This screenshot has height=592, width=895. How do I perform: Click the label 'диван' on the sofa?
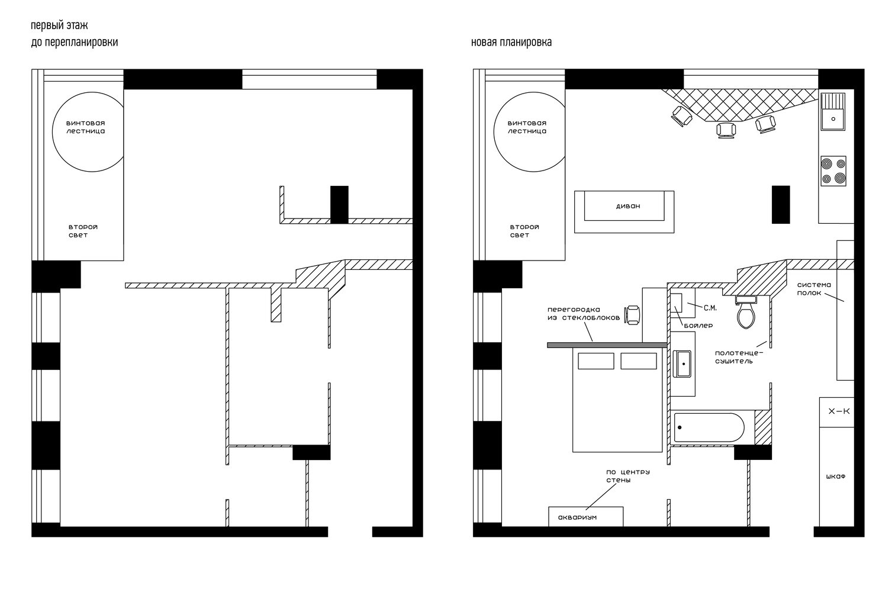[x=627, y=206]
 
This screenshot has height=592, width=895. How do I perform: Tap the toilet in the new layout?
[x=746, y=312]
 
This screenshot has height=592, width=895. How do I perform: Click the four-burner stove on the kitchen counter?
[x=833, y=171]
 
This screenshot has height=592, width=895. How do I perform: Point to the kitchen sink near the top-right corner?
[x=833, y=112]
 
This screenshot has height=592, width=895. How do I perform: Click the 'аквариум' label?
[x=577, y=517]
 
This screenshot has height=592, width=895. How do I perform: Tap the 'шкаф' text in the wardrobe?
[x=836, y=477]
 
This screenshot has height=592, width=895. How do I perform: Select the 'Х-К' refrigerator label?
[x=839, y=411]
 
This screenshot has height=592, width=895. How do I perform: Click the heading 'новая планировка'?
[x=511, y=42]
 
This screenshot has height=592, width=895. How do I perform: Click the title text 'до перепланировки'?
[x=75, y=43]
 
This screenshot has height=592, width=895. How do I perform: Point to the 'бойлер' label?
[x=698, y=326]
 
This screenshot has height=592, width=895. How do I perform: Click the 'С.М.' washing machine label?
[x=710, y=308]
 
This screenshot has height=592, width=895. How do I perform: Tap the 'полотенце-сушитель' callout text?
[x=739, y=357]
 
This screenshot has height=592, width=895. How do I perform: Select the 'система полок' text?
[x=814, y=289]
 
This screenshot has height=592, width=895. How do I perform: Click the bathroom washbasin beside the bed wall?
[x=682, y=363]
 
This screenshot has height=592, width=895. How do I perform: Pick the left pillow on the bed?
[x=595, y=361]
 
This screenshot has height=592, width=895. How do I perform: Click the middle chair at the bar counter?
[x=726, y=130]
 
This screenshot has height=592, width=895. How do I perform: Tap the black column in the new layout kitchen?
[x=781, y=204]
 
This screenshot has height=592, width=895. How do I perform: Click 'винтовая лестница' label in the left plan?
[x=85, y=127]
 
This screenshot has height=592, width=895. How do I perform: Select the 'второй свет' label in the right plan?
[x=524, y=231]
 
